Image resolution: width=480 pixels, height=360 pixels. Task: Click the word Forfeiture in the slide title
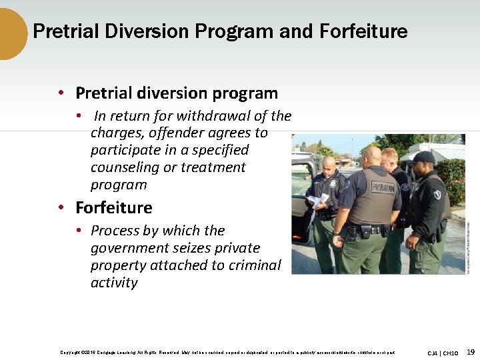click(363, 31)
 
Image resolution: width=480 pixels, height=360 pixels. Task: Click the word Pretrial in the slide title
click(63, 31)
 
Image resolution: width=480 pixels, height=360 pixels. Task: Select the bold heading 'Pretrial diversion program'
click(176, 93)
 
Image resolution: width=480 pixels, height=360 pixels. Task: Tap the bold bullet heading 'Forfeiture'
click(113, 207)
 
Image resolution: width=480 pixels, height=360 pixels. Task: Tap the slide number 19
click(471, 352)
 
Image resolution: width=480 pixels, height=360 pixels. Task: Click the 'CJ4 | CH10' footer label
click(443, 353)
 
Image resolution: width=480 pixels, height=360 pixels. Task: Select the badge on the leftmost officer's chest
click(331, 183)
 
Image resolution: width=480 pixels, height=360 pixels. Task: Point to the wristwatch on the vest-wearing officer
click(338, 233)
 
